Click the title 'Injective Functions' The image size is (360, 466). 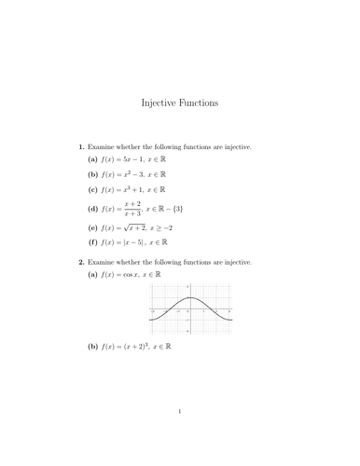(179, 103)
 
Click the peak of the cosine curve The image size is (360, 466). (189, 298)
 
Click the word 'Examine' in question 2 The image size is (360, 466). (104, 262)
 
